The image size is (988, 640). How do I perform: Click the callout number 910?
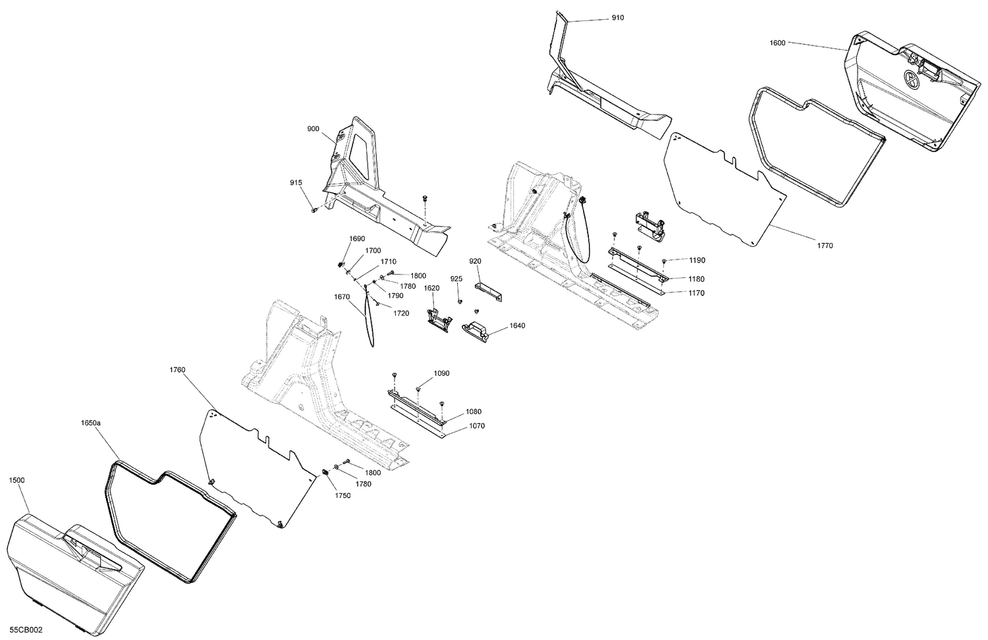[617, 18]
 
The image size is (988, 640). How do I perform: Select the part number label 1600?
[777, 43]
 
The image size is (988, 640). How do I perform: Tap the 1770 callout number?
[825, 246]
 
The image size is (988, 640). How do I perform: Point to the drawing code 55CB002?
[26, 630]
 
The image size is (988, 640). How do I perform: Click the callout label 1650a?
[90, 423]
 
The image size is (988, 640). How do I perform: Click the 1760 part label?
[177, 370]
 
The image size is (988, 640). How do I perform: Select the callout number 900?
[313, 129]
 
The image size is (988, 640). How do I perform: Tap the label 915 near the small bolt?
[296, 182]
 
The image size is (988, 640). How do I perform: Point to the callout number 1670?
[341, 297]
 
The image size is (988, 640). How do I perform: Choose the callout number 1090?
[441, 373]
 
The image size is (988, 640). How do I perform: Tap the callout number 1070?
[477, 426]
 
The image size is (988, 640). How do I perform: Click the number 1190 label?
[697, 261]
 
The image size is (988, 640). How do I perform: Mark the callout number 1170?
[696, 293]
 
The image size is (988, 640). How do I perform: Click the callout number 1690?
[357, 238]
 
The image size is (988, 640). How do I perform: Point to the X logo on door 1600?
[912, 78]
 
